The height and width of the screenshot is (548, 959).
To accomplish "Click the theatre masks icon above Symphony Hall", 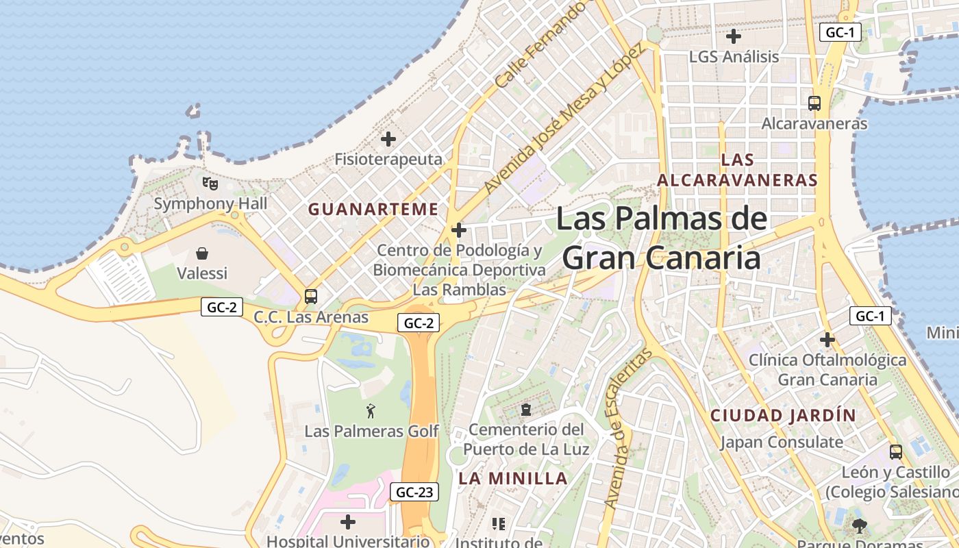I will pyautogui.click(x=210, y=183).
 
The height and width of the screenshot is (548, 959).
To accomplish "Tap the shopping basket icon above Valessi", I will pyautogui.click(x=202, y=253).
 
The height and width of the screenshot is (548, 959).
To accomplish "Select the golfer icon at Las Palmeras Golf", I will pyautogui.click(x=371, y=411).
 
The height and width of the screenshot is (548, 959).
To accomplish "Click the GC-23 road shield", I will pyautogui.click(x=414, y=492).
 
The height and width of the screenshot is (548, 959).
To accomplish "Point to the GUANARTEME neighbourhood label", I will pyautogui.click(x=373, y=210).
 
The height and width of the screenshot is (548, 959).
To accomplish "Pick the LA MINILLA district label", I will pyautogui.click(x=513, y=478).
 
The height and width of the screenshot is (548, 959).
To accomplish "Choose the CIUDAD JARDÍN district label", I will pyautogui.click(x=783, y=415).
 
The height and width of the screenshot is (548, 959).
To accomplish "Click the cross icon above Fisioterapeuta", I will pyautogui.click(x=388, y=139).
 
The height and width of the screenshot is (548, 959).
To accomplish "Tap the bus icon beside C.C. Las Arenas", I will pyautogui.click(x=311, y=297).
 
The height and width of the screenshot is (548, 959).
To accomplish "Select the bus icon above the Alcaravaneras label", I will pyautogui.click(x=814, y=103).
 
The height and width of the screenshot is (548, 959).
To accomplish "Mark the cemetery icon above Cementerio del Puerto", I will pyautogui.click(x=525, y=410).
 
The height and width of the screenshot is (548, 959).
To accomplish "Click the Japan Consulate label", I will pyautogui.click(x=781, y=442).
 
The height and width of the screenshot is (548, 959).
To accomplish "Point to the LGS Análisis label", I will pyautogui.click(x=734, y=56).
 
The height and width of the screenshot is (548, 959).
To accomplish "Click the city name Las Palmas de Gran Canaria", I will pyautogui.click(x=661, y=238).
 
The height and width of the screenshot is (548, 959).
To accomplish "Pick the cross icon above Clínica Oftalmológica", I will pyautogui.click(x=827, y=339).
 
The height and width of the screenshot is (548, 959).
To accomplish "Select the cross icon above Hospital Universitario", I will pyautogui.click(x=348, y=522).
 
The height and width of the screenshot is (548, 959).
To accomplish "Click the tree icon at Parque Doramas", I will pyautogui.click(x=859, y=526).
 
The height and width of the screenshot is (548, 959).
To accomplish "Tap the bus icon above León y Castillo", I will pyautogui.click(x=895, y=452).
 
